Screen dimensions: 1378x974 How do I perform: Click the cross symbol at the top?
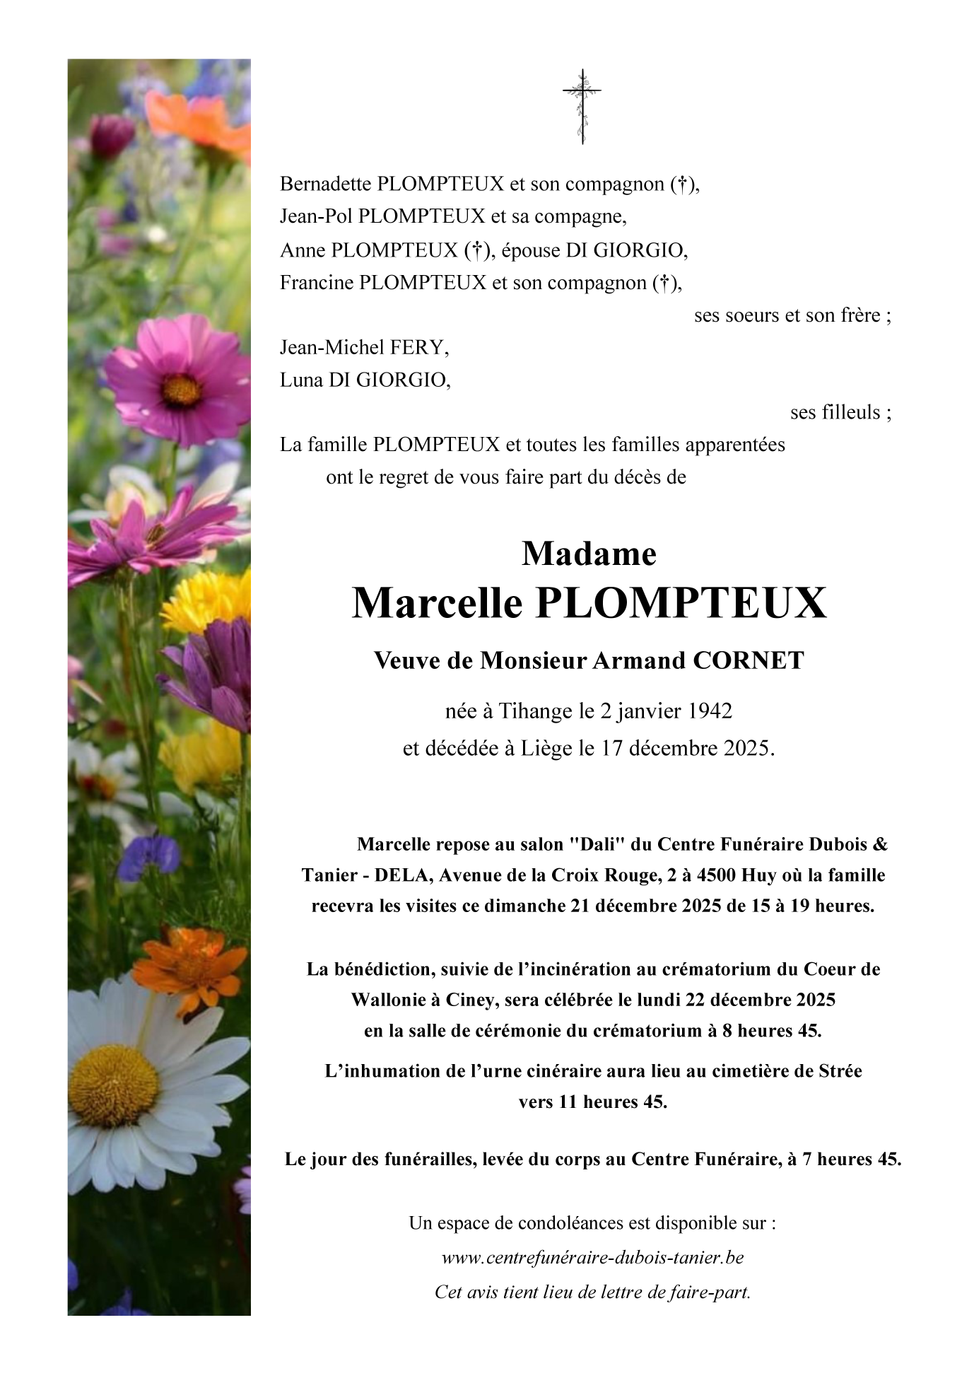click(582, 106)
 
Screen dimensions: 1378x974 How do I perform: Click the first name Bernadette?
click(326, 184)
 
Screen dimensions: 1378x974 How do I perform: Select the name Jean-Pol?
click(316, 216)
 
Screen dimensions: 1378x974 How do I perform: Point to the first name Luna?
click(302, 380)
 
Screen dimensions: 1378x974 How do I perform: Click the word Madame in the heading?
click(589, 554)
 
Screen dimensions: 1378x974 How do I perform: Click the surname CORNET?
click(749, 660)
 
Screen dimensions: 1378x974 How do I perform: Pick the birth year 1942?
click(710, 711)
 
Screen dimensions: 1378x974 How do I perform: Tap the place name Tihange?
click(536, 711)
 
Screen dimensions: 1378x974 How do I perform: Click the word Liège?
click(546, 748)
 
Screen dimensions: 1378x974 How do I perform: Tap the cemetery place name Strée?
click(840, 1071)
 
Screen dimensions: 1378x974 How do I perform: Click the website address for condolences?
click(592, 1258)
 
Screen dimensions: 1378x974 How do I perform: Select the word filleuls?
click(835, 412)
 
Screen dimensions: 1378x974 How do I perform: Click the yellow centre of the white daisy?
click(114, 1085)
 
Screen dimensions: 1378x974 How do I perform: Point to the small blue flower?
click(150, 856)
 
